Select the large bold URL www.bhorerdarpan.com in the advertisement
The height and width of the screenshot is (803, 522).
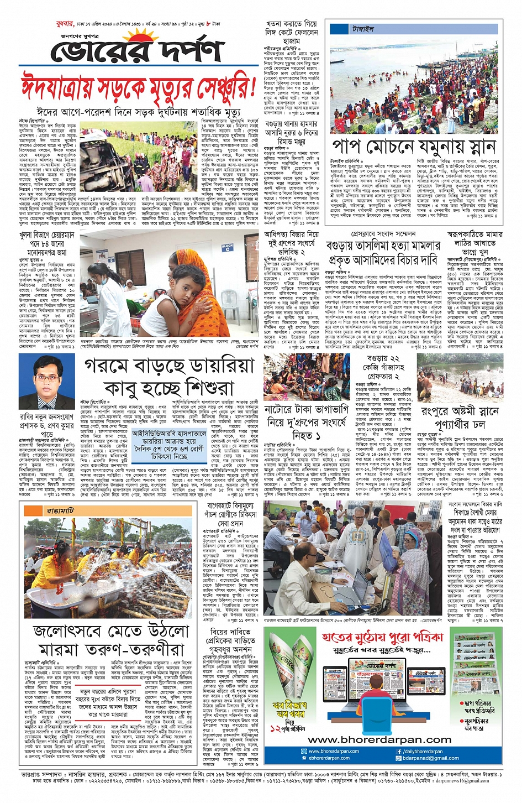tap(379, 740)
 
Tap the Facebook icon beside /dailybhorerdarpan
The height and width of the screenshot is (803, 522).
tap(399, 752)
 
